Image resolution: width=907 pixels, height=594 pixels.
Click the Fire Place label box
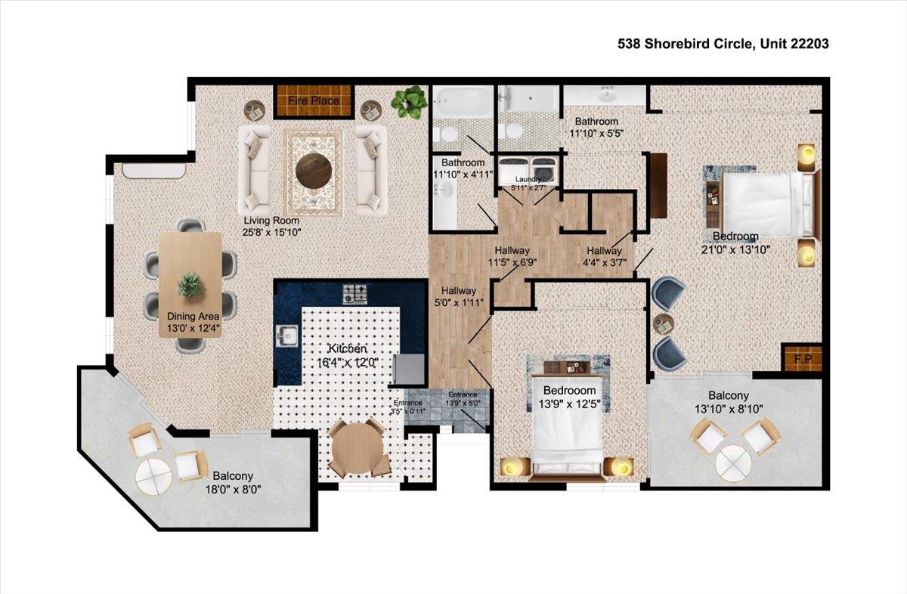[x=313, y=101]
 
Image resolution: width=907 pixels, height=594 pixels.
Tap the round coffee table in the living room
[x=313, y=171]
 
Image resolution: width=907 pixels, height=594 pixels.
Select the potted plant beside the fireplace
[x=409, y=101]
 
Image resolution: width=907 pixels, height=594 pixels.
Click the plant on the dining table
[x=190, y=285]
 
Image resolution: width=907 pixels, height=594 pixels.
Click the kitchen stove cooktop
[x=354, y=292]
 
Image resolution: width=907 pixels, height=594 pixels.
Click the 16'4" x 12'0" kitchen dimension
[x=348, y=362]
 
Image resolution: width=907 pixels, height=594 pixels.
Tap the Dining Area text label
[x=193, y=317]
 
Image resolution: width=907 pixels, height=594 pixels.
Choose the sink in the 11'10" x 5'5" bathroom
[x=606, y=95]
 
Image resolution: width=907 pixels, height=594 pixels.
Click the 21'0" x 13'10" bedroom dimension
[x=731, y=249]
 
